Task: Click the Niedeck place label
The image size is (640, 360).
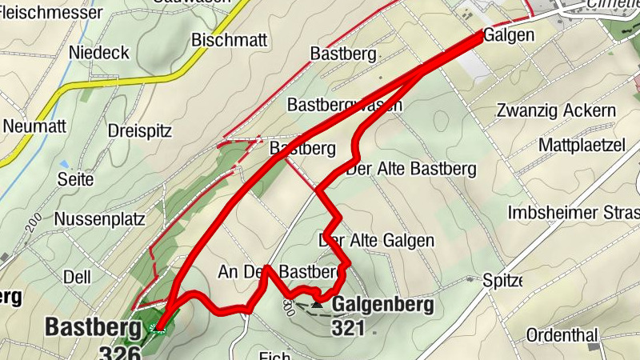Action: click(x=99, y=52)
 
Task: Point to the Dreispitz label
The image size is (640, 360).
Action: click(x=140, y=131)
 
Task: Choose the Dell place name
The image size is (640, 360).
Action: click(x=77, y=277)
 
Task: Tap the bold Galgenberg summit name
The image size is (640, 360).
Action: click(x=382, y=305)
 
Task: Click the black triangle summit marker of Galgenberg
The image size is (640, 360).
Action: click(x=318, y=303)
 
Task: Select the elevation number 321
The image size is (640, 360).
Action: click(x=349, y=328)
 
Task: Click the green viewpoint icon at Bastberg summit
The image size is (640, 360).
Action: click(x=157, y=326)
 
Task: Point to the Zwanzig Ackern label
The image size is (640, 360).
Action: click(x=555, y=110)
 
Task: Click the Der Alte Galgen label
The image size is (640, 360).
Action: click(x=378, y=240)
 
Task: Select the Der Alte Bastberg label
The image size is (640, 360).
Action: click(x=410, y=169)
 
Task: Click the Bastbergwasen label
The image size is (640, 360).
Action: click(x=344, y=105)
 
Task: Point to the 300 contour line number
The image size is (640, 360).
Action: click(x=289, y=305)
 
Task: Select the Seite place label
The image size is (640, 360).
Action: click(x=76, y=179)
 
